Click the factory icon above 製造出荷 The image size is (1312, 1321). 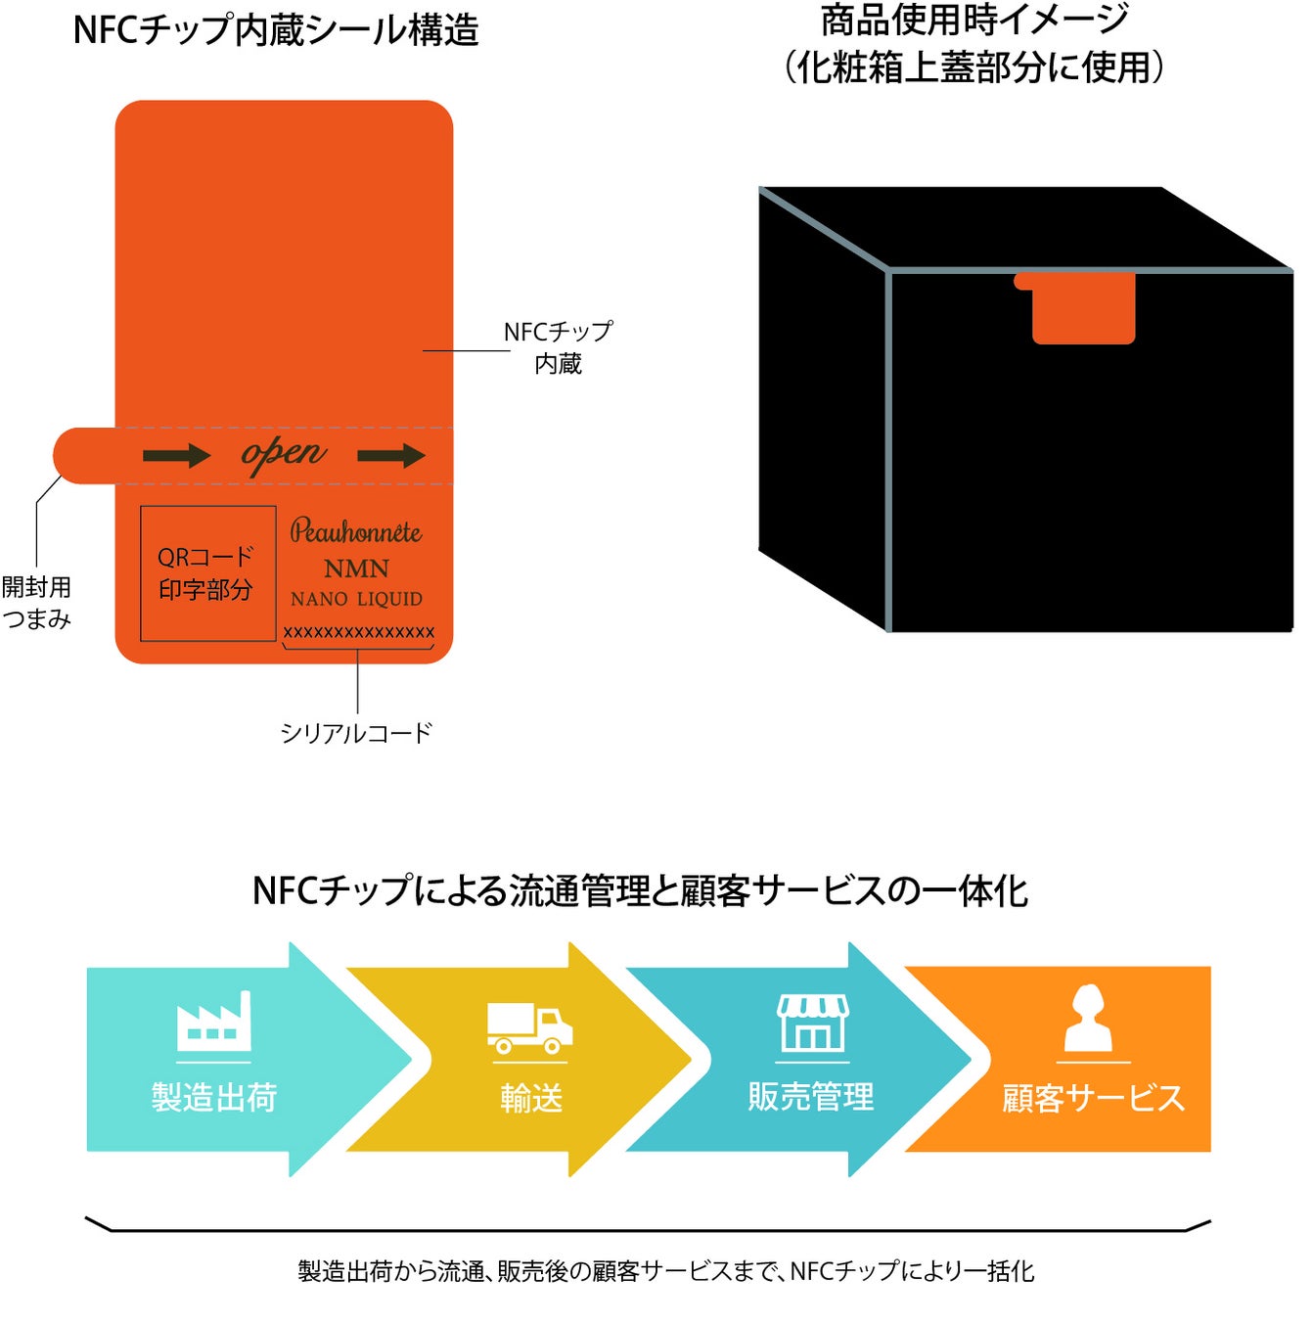pos(213,1022)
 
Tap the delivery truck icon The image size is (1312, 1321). pos(529,1028)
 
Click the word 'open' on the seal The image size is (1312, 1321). pos(284,454)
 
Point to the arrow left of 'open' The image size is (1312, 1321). pos(176,455)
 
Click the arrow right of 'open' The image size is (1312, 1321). pos(391,455)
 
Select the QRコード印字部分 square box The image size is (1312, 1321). pos(207,573)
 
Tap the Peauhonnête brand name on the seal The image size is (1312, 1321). pos(356,532)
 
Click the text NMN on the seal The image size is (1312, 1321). pos(356,569)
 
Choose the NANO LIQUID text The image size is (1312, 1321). pos(356,599)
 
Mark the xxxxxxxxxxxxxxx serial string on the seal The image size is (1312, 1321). pos(358,632)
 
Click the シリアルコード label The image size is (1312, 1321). pos(356,733)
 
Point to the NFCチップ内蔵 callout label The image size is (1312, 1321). pos(558,347)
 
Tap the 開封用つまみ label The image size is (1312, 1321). pos(37,603)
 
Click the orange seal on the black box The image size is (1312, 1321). pos(1082,308)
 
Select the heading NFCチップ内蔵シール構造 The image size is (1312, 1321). pos(276,30)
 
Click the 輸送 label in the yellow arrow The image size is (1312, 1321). pos(531,1098)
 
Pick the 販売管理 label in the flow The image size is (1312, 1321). pos(811,1097)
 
